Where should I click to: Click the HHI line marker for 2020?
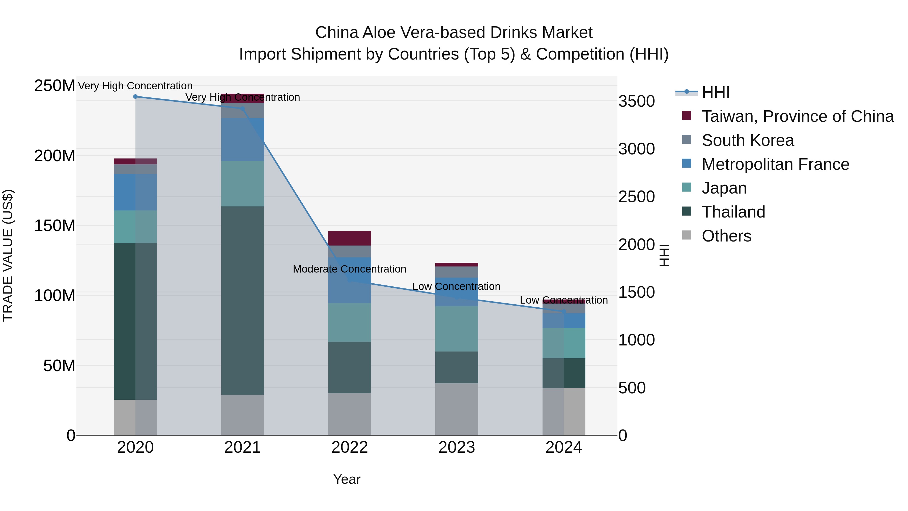135,97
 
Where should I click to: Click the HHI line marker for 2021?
242,109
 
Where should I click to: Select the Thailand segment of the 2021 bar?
242,300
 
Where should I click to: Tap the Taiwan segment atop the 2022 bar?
349,238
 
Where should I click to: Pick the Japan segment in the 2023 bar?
457,329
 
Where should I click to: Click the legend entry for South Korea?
747,140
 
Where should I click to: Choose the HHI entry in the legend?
715,92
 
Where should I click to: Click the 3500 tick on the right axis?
637,101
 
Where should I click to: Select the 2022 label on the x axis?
349,447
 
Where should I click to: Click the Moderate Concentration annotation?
349,269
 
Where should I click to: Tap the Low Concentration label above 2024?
564,300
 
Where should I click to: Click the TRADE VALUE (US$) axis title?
8,255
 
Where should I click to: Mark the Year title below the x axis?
347,479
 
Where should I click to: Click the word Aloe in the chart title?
379,33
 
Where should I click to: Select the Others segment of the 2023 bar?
457,409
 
